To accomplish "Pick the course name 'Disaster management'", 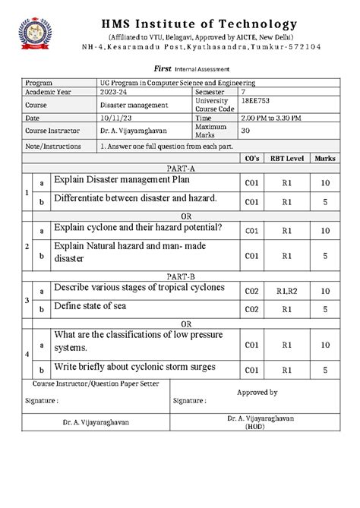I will point(131,105).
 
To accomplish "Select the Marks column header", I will point(325,158).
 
